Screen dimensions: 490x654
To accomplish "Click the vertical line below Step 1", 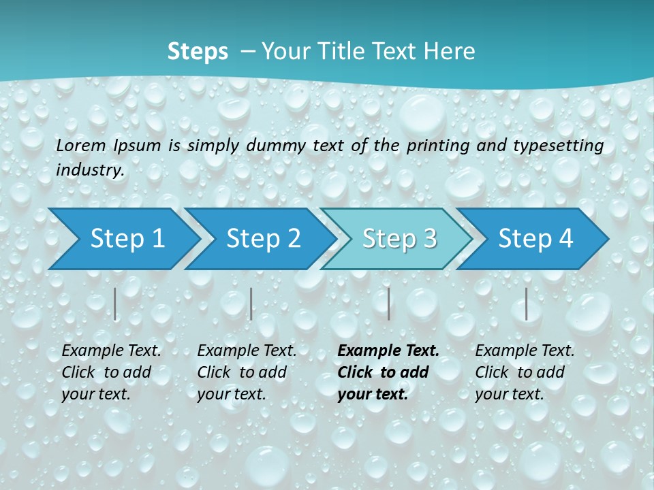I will coord(115,304).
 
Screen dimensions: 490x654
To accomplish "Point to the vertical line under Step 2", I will coord(251,304).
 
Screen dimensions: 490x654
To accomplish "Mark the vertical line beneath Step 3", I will coord(388,304).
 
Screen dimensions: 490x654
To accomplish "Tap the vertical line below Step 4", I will coord(526,304).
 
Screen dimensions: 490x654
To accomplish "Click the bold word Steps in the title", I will coord(198,51).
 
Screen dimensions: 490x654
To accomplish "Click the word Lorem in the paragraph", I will coord(81,145).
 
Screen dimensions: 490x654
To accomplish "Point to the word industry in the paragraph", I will coord(89,170).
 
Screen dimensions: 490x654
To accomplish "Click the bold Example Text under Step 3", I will coord(388,350).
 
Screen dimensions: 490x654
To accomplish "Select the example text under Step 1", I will coord(111,372).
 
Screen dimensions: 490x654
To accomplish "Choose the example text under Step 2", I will coord(247,372).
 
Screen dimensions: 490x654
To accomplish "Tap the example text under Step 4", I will coord(525,372).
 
